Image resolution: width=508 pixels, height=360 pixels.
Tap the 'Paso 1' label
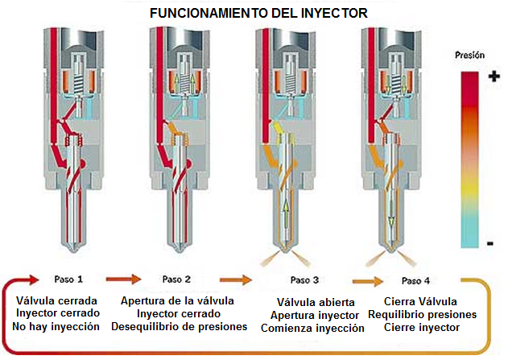point(68,279)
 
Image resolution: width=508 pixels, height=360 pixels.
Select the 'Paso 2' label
point(176,279)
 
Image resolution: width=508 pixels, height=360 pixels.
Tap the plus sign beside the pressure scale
point(494,75)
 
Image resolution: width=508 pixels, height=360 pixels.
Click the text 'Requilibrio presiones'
point(421,314)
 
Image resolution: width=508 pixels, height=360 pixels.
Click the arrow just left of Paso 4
point(366,281)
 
